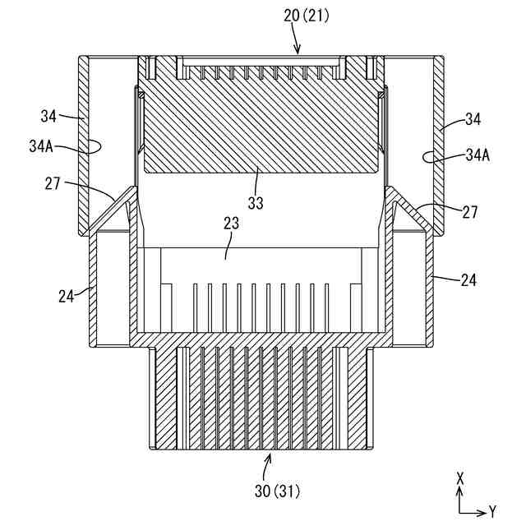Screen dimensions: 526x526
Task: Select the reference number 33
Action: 257,201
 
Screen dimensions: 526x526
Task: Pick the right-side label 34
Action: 473,120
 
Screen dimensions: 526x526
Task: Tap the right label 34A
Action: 478,155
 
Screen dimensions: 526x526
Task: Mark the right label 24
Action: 468,280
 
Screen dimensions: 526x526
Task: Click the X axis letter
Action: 461,478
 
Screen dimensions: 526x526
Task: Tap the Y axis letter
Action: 492,511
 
